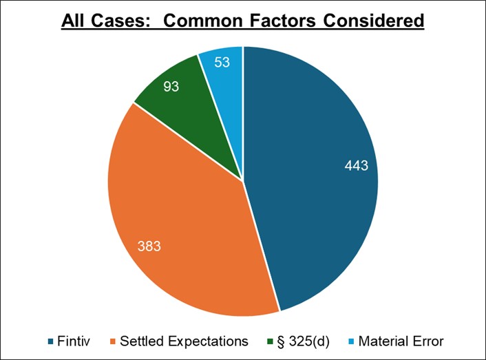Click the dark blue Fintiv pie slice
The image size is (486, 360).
pos(317,207)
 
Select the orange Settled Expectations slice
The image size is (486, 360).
pos(186,227)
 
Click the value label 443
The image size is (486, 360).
pos(357,165)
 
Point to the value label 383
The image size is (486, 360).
pos(148,246)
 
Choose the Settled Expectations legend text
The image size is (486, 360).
pos(184,341)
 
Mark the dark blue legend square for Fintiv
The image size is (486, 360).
pos(52,341)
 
